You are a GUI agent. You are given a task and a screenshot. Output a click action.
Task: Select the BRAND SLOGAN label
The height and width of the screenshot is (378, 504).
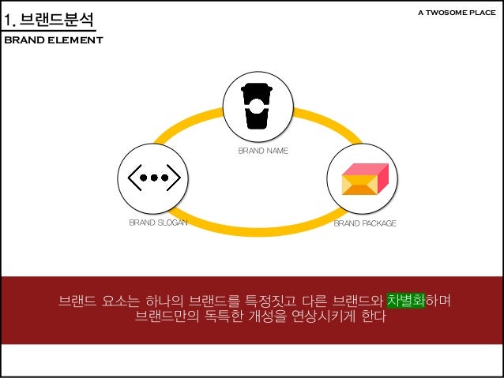[158, 223]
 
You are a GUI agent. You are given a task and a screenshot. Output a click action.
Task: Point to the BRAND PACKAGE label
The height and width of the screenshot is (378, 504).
[364, 223]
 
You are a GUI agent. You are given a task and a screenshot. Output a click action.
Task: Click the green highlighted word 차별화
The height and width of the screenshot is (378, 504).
[405, 301]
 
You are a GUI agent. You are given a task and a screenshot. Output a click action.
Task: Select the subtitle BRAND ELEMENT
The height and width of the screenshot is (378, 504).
[54, 40]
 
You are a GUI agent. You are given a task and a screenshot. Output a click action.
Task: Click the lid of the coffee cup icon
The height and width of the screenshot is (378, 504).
[257, 89]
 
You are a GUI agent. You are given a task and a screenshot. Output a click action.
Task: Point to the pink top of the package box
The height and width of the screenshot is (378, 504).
[366, 169]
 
